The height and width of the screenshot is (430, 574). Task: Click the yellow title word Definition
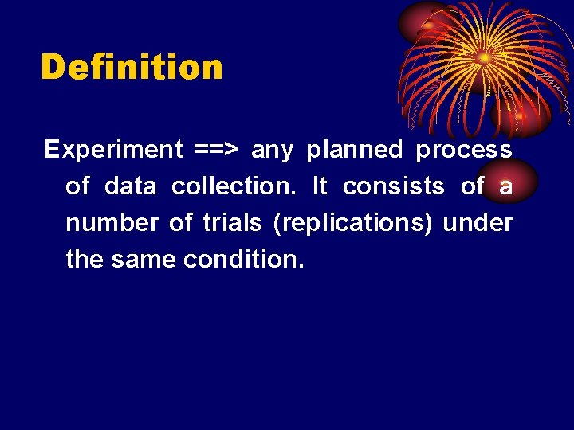pos(132,68)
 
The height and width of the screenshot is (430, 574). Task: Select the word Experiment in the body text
pos(114,150)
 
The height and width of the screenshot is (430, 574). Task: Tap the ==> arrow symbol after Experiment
pos(217,150)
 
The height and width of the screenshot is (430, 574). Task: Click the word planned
pos(355,150)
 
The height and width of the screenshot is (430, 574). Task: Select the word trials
pos(232,223)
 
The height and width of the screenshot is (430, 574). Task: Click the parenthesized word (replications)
pos(352,224)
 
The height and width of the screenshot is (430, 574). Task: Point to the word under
pos(478,223)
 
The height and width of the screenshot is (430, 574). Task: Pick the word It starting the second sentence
pos(320,186)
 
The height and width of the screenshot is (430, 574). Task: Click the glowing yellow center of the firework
pos(484,57)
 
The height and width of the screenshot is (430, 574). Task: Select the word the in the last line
pos(85,260)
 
